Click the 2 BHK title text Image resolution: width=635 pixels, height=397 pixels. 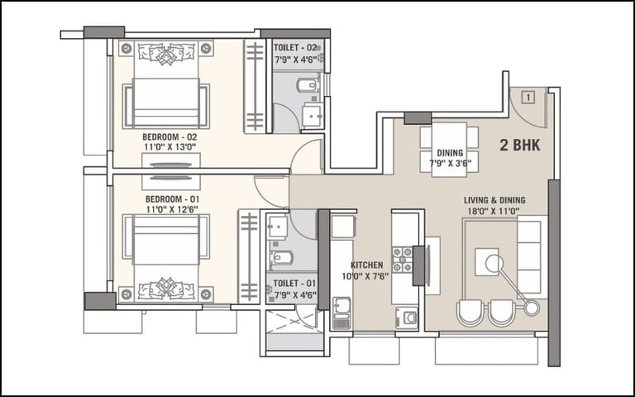point(519,145)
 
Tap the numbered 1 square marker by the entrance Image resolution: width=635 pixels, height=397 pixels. point(528,98)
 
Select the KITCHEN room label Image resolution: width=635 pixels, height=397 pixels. point(366,265)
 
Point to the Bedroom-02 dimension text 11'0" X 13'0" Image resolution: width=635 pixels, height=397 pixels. point(169,147)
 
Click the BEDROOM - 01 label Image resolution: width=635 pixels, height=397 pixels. point(172,199)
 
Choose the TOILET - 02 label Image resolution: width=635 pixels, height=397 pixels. point(295,48)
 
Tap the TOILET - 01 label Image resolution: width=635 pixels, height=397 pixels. point(294,283)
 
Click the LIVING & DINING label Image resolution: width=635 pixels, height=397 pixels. point(494,200)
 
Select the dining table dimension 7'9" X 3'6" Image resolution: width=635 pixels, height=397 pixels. point(450,163)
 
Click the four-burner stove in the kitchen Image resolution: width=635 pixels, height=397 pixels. point(402,259)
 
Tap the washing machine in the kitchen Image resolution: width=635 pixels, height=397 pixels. point(407,318)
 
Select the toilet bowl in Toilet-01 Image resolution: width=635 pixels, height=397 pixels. point(282,258)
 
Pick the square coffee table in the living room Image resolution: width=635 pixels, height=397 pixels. point(486,262)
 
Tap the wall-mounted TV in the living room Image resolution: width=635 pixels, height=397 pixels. point(419,265)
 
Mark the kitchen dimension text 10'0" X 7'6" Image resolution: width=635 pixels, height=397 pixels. point(365,276)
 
